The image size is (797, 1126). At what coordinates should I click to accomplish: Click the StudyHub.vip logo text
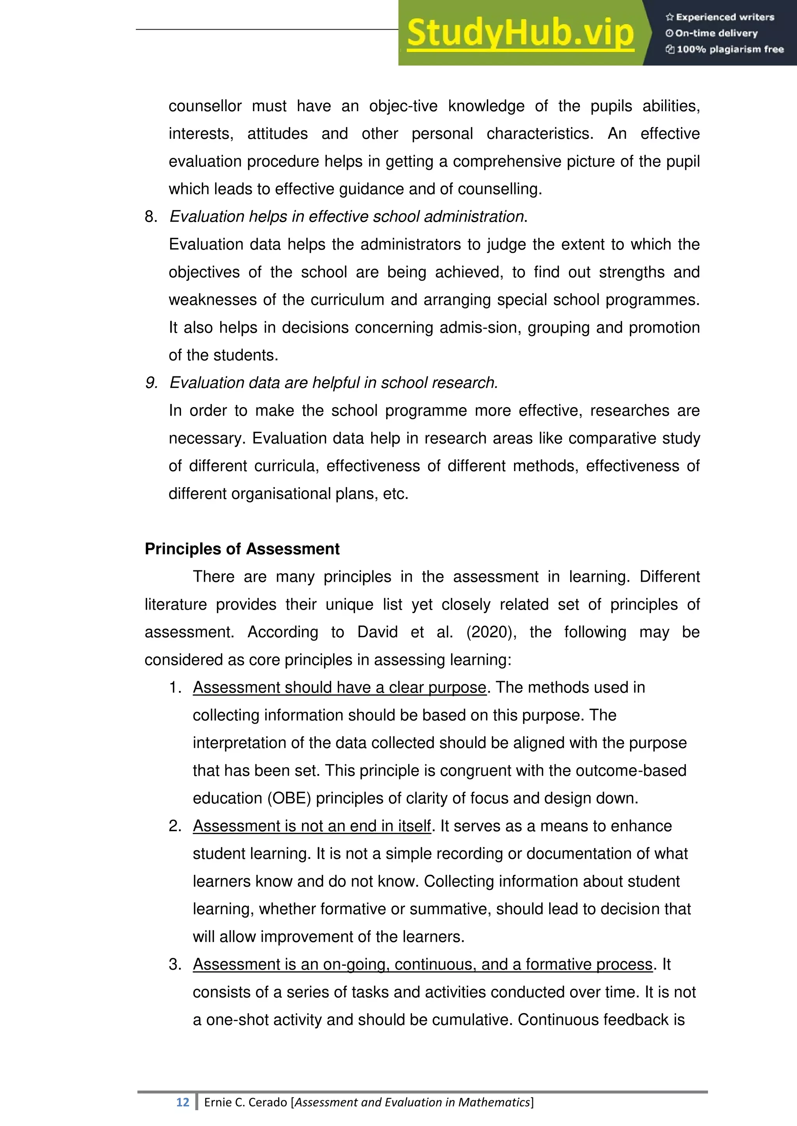click(x=520, y=33)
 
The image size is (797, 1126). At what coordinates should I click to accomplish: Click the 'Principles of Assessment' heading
click(x=242, y=549)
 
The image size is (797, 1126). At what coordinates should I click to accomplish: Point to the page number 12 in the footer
click(x=183, y=1102)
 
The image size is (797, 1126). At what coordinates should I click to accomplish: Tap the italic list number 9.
click(x=151, y=383)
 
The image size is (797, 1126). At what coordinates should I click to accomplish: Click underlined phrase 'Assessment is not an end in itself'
click(x=312, y=826)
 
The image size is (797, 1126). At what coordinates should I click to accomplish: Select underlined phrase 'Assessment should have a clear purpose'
click(x=339, y=687)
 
